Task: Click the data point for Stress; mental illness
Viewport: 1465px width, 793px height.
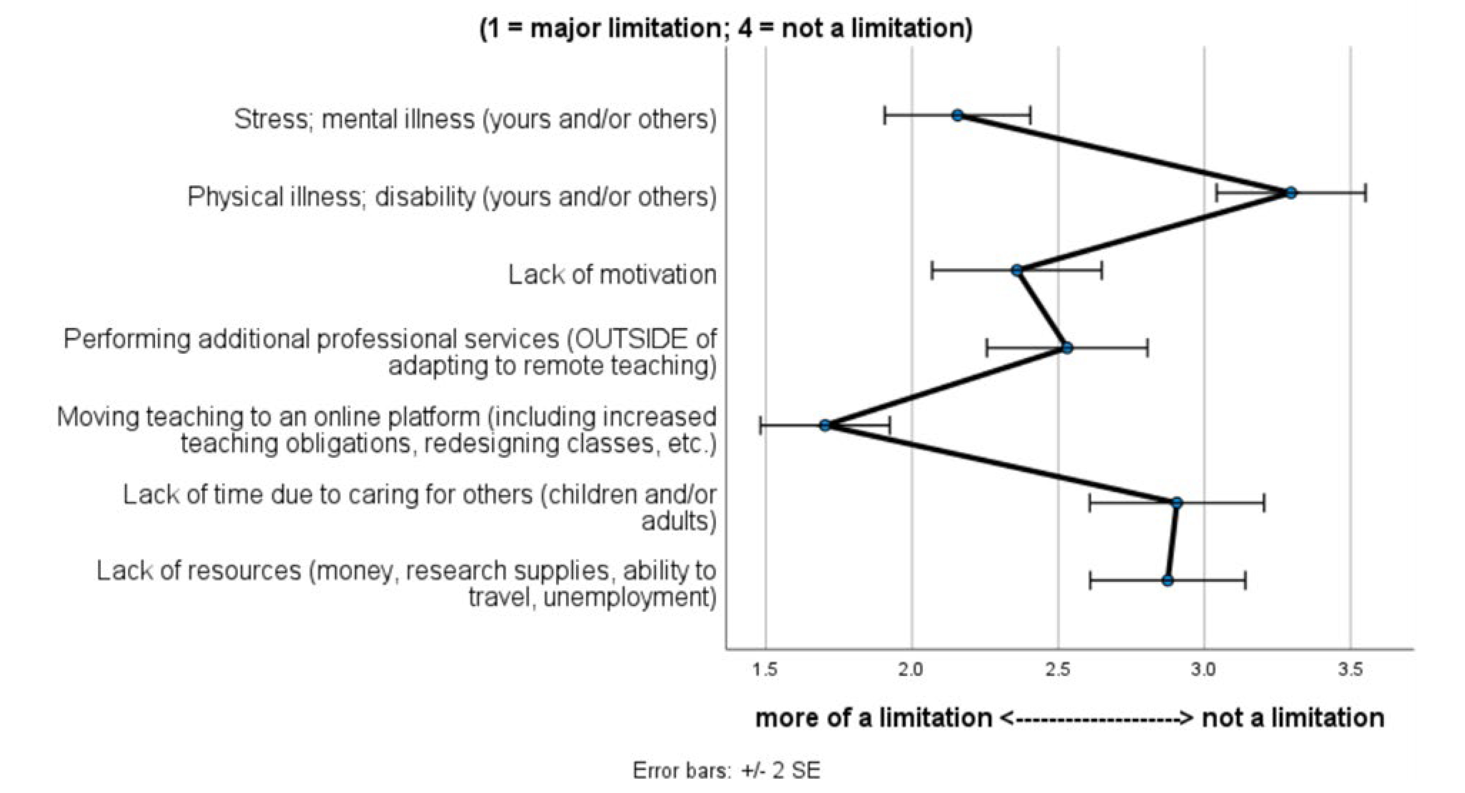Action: (958, 115)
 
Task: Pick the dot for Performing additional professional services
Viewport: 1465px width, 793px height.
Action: (1067, 348)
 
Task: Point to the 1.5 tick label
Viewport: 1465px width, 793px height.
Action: (765, 670)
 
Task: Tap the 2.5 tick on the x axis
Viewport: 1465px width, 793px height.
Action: (1058, 670)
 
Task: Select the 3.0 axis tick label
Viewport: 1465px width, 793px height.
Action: (1204, 670)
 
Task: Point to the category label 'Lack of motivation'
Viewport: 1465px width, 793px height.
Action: (612, 275)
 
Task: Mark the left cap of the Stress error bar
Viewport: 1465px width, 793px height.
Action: (884, 115)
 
